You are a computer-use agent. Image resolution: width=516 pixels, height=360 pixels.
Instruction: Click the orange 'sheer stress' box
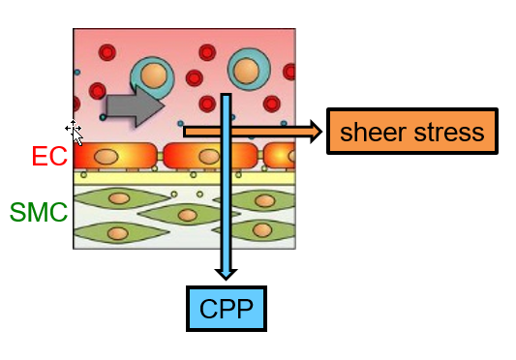pos(412,132)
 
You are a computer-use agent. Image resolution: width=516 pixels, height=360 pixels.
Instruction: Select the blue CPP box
pos(226,309)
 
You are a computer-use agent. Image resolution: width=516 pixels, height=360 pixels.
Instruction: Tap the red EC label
pos(49,157)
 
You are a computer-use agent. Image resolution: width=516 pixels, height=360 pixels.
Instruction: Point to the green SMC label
pos(39,212)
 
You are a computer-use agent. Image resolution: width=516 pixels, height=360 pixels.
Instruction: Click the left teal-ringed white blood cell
pos(150,75)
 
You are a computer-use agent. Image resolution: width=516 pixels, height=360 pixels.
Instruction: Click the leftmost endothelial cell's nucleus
pos(107,156)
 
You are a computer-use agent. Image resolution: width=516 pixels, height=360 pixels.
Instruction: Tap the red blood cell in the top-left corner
pos(106,52)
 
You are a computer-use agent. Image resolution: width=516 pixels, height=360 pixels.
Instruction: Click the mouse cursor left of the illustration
pos(75,130)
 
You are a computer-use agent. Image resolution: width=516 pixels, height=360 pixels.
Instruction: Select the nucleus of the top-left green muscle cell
pos(119,198)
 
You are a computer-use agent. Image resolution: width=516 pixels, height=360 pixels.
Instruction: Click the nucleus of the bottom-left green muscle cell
pos(117,233)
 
